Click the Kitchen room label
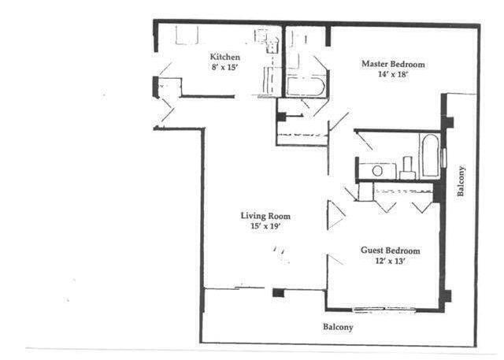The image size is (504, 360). (224, 57)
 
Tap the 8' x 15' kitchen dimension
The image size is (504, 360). (224, 68)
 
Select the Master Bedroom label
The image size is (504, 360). (393, 64)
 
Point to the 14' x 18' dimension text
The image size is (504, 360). (393, 76)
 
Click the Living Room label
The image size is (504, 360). (265, 216)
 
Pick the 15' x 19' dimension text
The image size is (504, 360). (265, 227)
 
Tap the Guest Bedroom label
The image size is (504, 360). (390, 251)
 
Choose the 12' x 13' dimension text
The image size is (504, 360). (390, 262)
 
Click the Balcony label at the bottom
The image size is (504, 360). (338, 326)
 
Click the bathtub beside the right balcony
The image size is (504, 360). (430, 155)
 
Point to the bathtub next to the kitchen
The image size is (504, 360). (305, 86)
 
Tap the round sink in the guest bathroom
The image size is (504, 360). (378, 169)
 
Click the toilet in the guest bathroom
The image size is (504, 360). (408, 167)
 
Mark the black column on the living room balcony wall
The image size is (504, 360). (277, 293)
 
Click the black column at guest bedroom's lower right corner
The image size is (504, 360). (446, 297)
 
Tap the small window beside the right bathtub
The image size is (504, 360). (443, 156)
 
